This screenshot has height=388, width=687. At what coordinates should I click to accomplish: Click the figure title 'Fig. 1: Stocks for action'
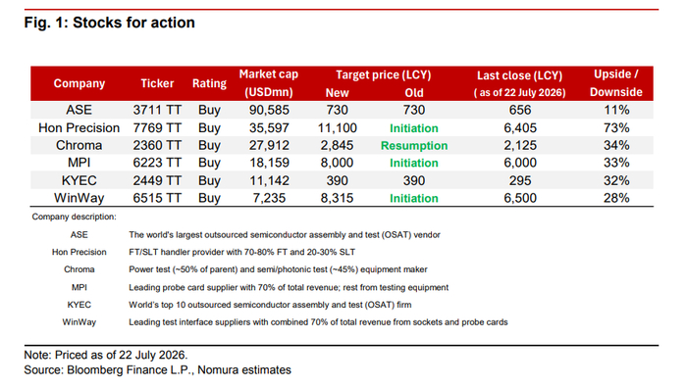click(110, 23)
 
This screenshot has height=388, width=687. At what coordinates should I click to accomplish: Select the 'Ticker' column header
click(157, 83)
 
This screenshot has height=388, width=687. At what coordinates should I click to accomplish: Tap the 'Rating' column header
click(209, 83)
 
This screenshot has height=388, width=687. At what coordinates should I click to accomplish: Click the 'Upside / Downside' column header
click(616, 83)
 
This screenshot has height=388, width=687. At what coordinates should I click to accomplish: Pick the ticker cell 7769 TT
click(157, 127)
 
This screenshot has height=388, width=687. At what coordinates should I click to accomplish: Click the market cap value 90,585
click(269, 110)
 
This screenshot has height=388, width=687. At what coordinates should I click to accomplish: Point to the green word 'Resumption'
click(414, 146)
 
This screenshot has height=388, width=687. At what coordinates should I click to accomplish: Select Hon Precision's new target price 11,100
click(337, 127)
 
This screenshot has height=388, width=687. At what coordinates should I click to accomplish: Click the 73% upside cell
click(616, 127)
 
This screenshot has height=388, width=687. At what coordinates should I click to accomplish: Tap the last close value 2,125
click(520, 145)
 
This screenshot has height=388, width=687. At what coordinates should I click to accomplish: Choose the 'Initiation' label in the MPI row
click(414, 163)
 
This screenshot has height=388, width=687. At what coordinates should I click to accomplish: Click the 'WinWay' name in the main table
click(79, 198)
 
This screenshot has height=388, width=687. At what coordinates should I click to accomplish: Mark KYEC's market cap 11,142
click(269, 180)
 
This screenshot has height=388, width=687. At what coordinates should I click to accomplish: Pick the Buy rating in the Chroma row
click(209, 145)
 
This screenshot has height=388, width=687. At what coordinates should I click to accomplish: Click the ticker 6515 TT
click(157, 198)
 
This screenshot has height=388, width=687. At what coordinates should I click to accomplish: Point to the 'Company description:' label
click(74, 217)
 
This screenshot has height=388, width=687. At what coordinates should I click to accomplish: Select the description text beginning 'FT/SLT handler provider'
click(241, 252)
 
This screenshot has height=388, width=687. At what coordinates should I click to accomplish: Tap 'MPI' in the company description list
click(79, 287)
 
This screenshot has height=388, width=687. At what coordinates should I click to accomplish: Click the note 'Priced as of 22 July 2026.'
click(106, 355)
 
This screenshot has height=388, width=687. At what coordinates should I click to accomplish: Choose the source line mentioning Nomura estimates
click(157, 370)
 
